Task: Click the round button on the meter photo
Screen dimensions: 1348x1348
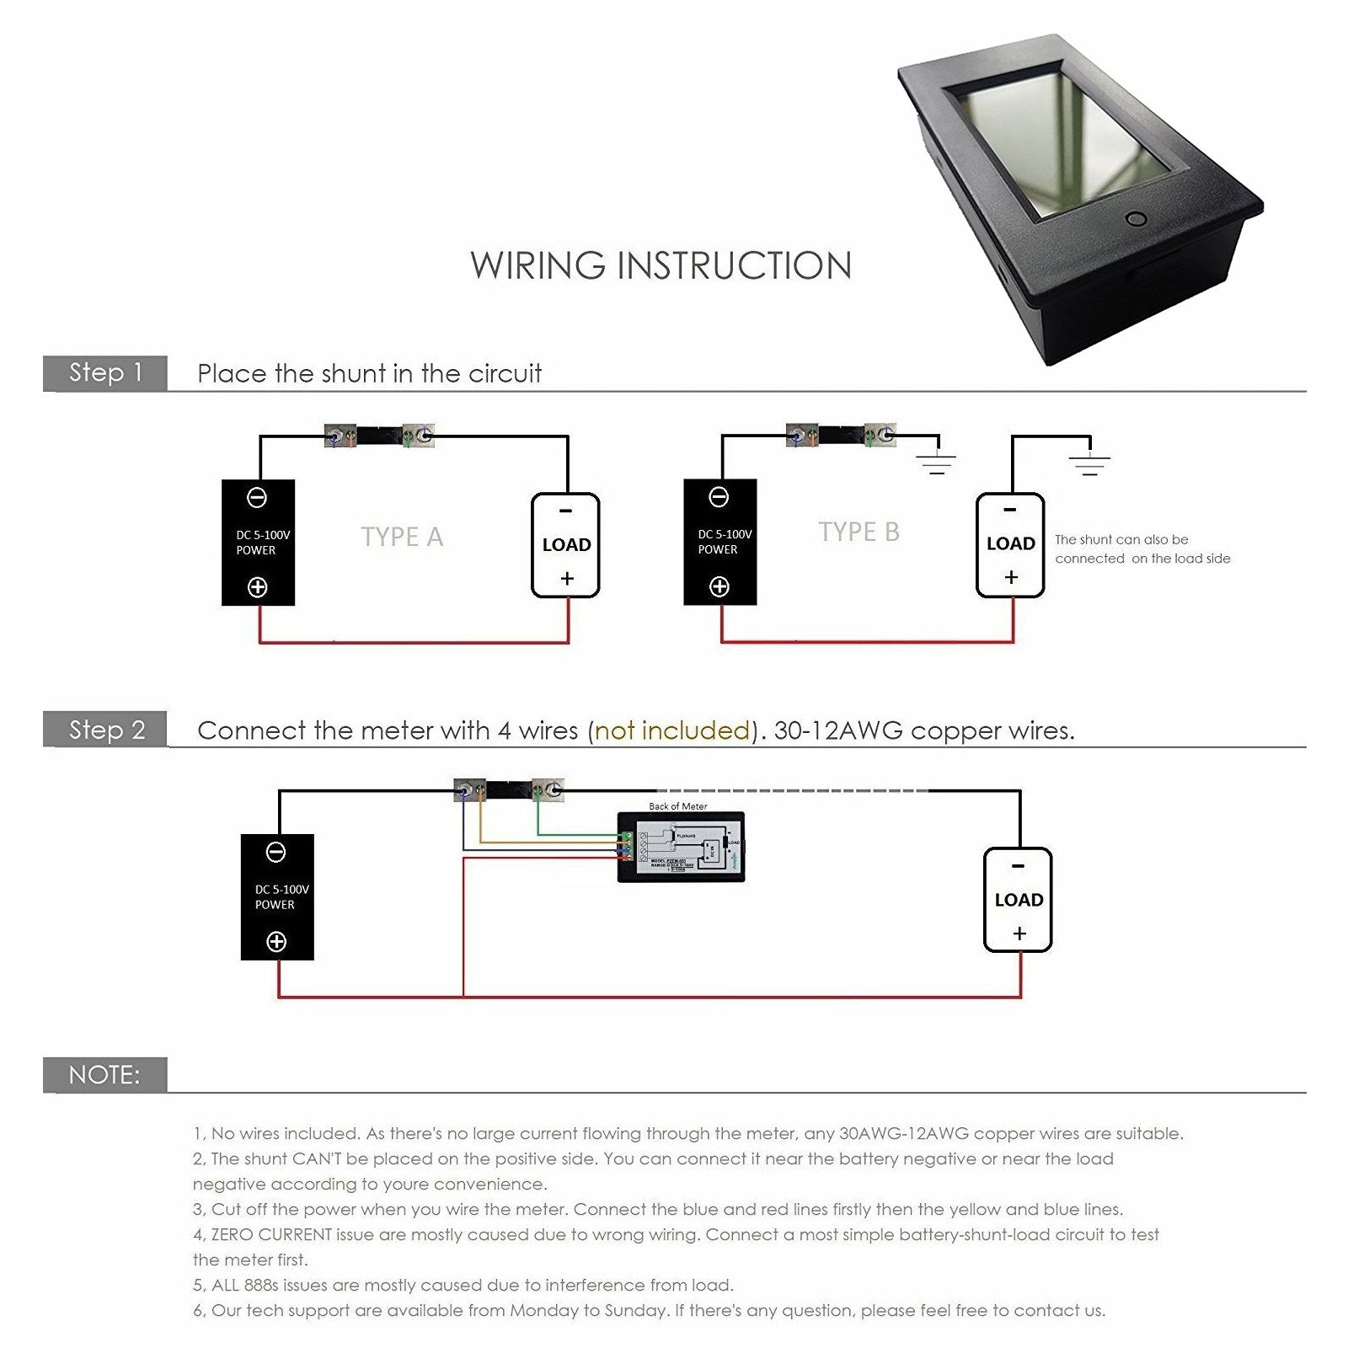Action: (1137, 220)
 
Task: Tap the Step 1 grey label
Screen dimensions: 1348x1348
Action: (105, 372)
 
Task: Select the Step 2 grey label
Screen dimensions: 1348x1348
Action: (105, 730)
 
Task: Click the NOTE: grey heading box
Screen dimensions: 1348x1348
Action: (105, 1075)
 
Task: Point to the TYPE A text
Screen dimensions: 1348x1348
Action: (402, 537)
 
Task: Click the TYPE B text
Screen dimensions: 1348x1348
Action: (859, 532)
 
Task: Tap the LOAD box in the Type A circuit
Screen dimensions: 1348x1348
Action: (565, 545)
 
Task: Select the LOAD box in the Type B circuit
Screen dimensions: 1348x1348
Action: (1010, 544)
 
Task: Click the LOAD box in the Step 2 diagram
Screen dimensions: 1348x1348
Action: (1018, 900)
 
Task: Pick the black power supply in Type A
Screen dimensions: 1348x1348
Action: (258, 543)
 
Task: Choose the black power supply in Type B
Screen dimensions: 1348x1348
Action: (719, 542)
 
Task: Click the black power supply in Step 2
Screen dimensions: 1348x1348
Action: (277, 896)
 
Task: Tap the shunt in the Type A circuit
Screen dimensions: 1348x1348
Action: (378, 436)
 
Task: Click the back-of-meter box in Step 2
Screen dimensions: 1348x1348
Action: (681, 846)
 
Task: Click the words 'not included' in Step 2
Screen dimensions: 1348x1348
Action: (671, 730)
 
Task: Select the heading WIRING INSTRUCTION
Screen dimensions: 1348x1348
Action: (661, 265)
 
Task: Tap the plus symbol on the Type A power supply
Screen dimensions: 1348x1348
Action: (258, 587)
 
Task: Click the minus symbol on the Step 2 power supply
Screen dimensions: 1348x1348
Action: (275, 853)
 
